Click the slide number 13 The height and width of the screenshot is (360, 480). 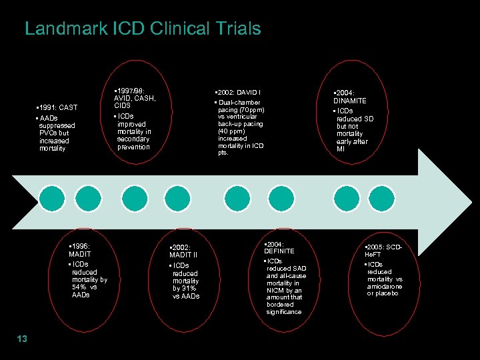[x=21, y=339]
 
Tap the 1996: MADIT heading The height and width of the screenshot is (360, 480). [x=83, y=250]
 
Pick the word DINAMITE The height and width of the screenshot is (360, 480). [x=350, y=101]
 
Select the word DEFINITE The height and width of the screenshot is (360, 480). [x=279, y=251]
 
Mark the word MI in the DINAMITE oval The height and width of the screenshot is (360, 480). [x=341, y=149]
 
